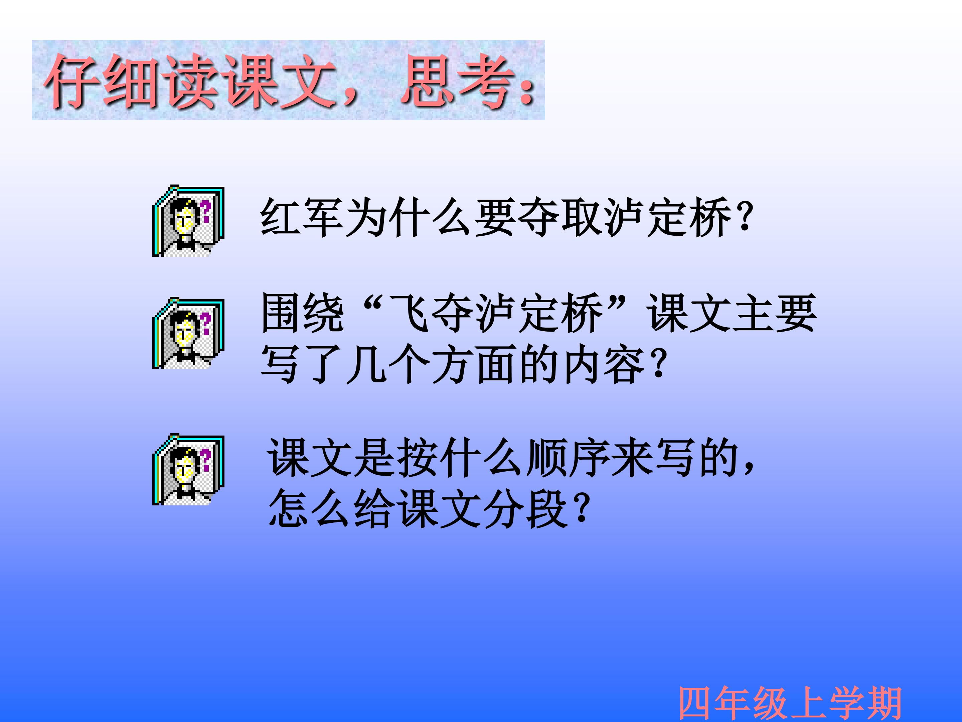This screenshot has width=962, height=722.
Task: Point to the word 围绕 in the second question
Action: coord(303,313)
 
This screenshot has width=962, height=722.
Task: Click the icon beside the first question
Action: coord(188,221)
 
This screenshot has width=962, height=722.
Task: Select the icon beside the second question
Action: coord(188,333)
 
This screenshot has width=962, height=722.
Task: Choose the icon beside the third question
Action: coord(188,470)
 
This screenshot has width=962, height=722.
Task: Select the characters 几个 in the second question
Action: coord(387,363)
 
